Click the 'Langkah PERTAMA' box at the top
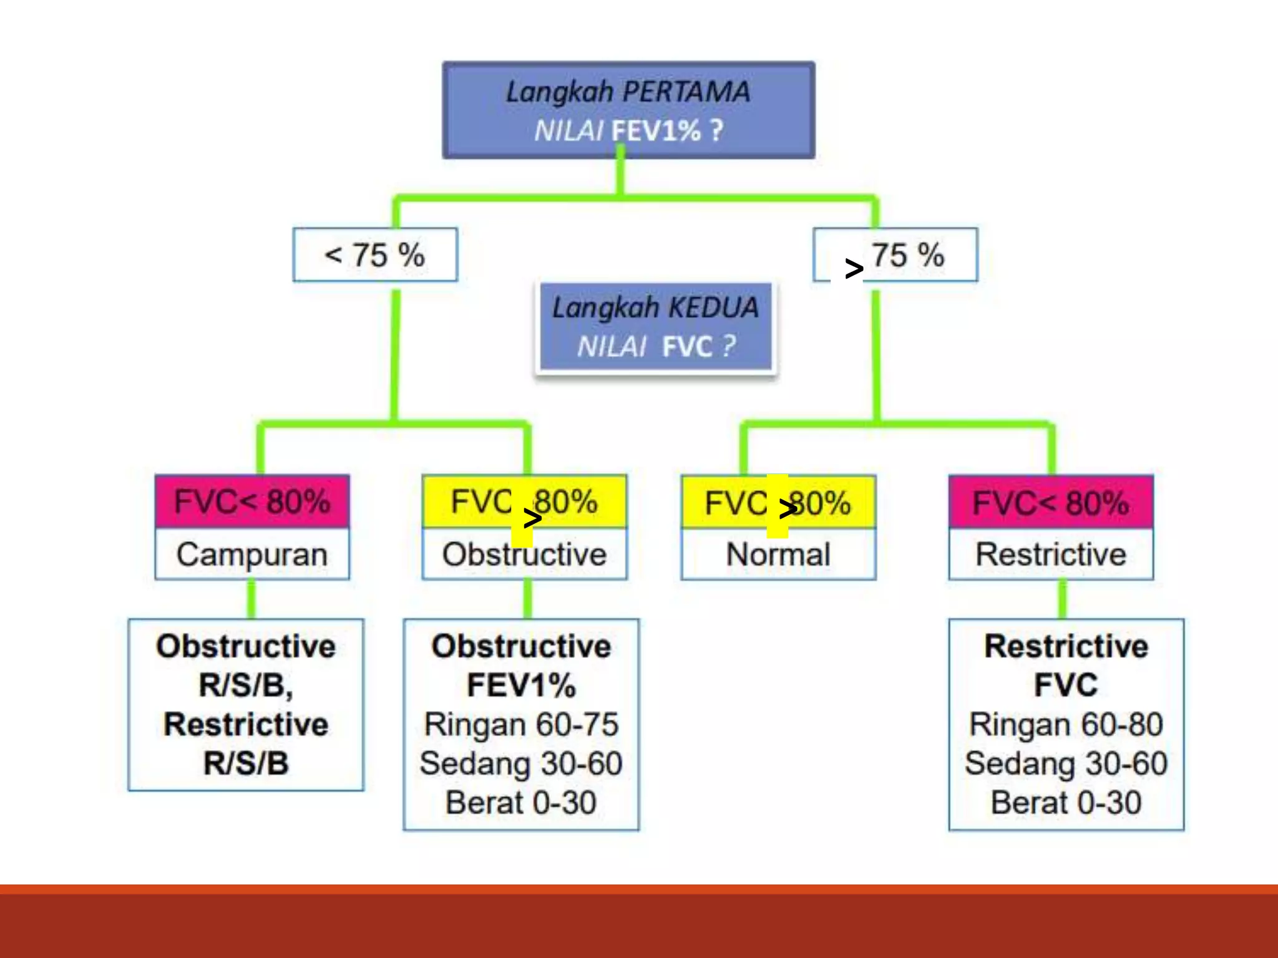click(628, 110)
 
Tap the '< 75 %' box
click(375, 255)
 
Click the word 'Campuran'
click(252, 554)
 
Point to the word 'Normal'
click(778, 554)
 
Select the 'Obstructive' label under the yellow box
click(524, 554)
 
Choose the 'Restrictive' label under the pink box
click(1051, 554)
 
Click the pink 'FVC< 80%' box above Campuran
click(252, 502)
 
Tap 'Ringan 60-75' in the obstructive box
click(521, 725)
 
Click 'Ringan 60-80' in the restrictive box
click(1066, 725)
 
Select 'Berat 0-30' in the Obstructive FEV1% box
click(521, 803)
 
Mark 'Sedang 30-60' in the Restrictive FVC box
click(1066, 763)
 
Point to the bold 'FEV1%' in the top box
click(656, 131)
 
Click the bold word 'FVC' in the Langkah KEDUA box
click(687, 347)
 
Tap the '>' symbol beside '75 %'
click(854, 269)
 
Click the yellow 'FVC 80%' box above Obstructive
click(524, 502)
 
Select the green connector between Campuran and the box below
click(251, 599)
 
